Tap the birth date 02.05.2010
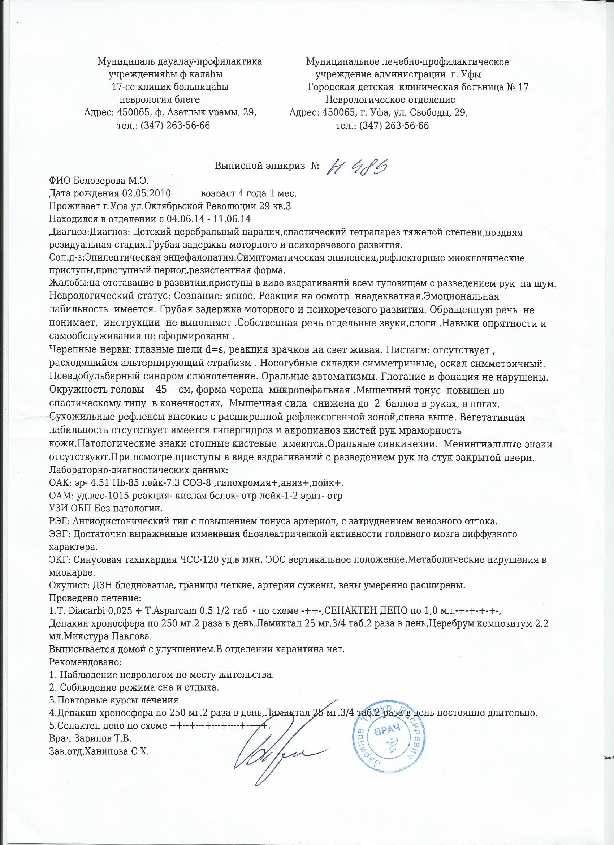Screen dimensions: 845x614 tap(146, 193)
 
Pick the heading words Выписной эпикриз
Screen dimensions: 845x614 tap(262, 166)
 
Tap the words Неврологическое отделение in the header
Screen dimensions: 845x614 tap(390, 100)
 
